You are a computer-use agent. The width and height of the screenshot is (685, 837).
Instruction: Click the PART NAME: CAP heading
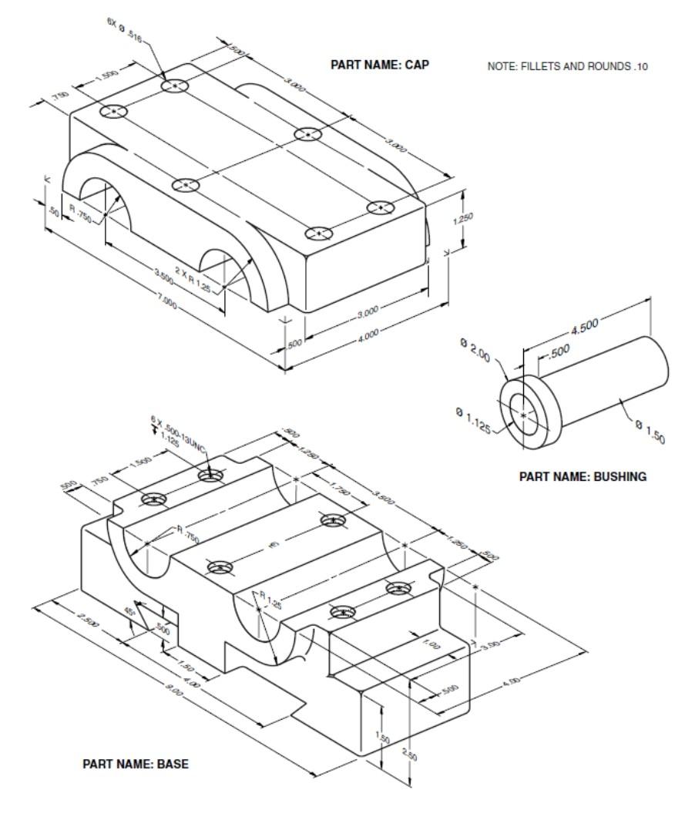click(x=380, y=65)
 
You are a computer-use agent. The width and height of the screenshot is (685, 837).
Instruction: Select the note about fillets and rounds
click(x=567, y=66)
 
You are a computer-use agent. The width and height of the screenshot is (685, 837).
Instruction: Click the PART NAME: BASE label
click(x=136, y=765)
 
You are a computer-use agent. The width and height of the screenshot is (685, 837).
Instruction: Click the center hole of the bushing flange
click(x=524, y=414)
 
